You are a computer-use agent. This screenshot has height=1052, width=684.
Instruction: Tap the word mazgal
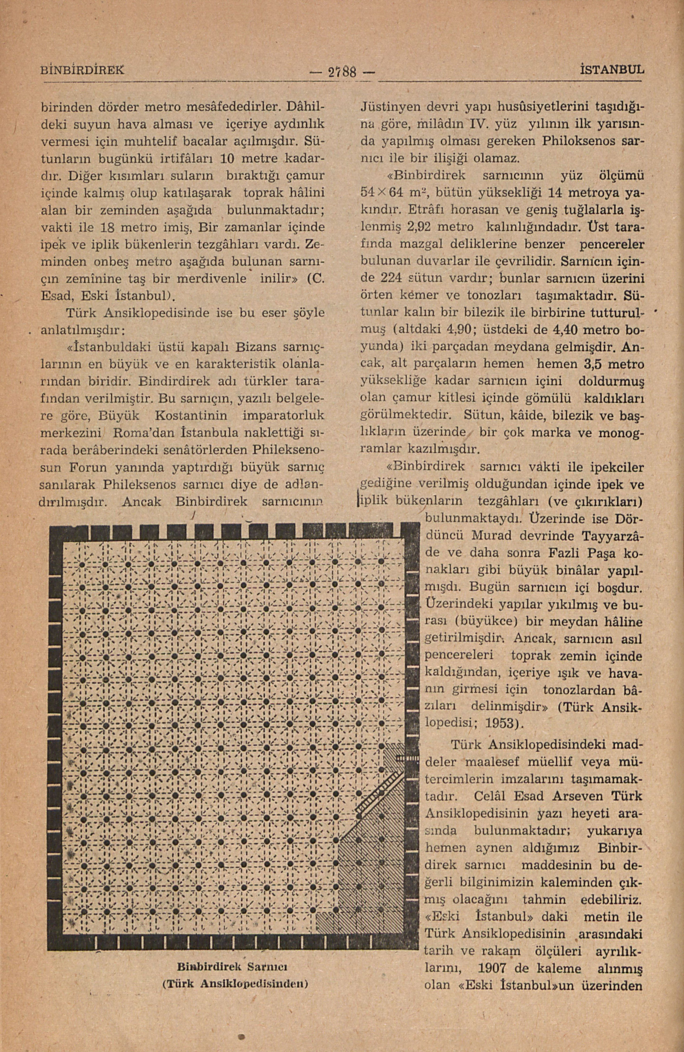coord(411,244)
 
